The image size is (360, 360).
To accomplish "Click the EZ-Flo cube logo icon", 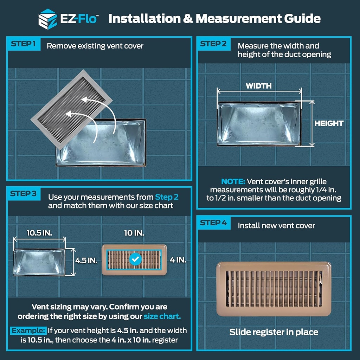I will (x=47, y=18).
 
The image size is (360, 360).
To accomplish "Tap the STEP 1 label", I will (x=23, y=44).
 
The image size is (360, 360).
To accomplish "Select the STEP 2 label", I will (x=213, y=44).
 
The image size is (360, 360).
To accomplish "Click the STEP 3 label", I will (x=23, y=194).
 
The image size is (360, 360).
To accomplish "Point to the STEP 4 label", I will (x=213, y=223).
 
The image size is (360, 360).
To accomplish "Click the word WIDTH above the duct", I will (x=258, y=86).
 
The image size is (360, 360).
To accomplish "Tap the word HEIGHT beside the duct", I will (x=329, y=123).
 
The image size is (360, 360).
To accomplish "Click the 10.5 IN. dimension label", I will (x=39, y=233).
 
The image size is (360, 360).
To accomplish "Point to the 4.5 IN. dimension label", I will (x=86, y=261).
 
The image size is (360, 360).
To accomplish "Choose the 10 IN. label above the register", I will (x=134, y=233).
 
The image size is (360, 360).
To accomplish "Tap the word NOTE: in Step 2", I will (x=233, y=182).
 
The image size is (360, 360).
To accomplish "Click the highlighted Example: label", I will (x=28, y=330).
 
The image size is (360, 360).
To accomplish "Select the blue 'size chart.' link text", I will (x=162, y=316).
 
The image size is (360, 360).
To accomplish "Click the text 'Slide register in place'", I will (x=274, y=332).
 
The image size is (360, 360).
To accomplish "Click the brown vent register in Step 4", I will (x=274, y=289).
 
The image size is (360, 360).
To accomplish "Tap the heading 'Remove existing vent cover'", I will (x=95, y=46).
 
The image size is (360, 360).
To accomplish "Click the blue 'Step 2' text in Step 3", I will (x=167, y=197).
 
